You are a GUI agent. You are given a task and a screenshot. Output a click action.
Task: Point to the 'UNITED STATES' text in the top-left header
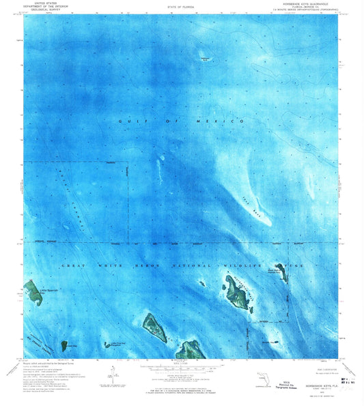click(x=38, y=4)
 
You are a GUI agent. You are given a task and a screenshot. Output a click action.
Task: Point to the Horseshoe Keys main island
click(x=237, y=292)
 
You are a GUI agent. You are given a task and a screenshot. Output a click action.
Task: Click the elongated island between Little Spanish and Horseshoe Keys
click(x=154, y=326)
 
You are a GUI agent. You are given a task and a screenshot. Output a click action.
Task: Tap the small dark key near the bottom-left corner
click(x=64, y=345)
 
